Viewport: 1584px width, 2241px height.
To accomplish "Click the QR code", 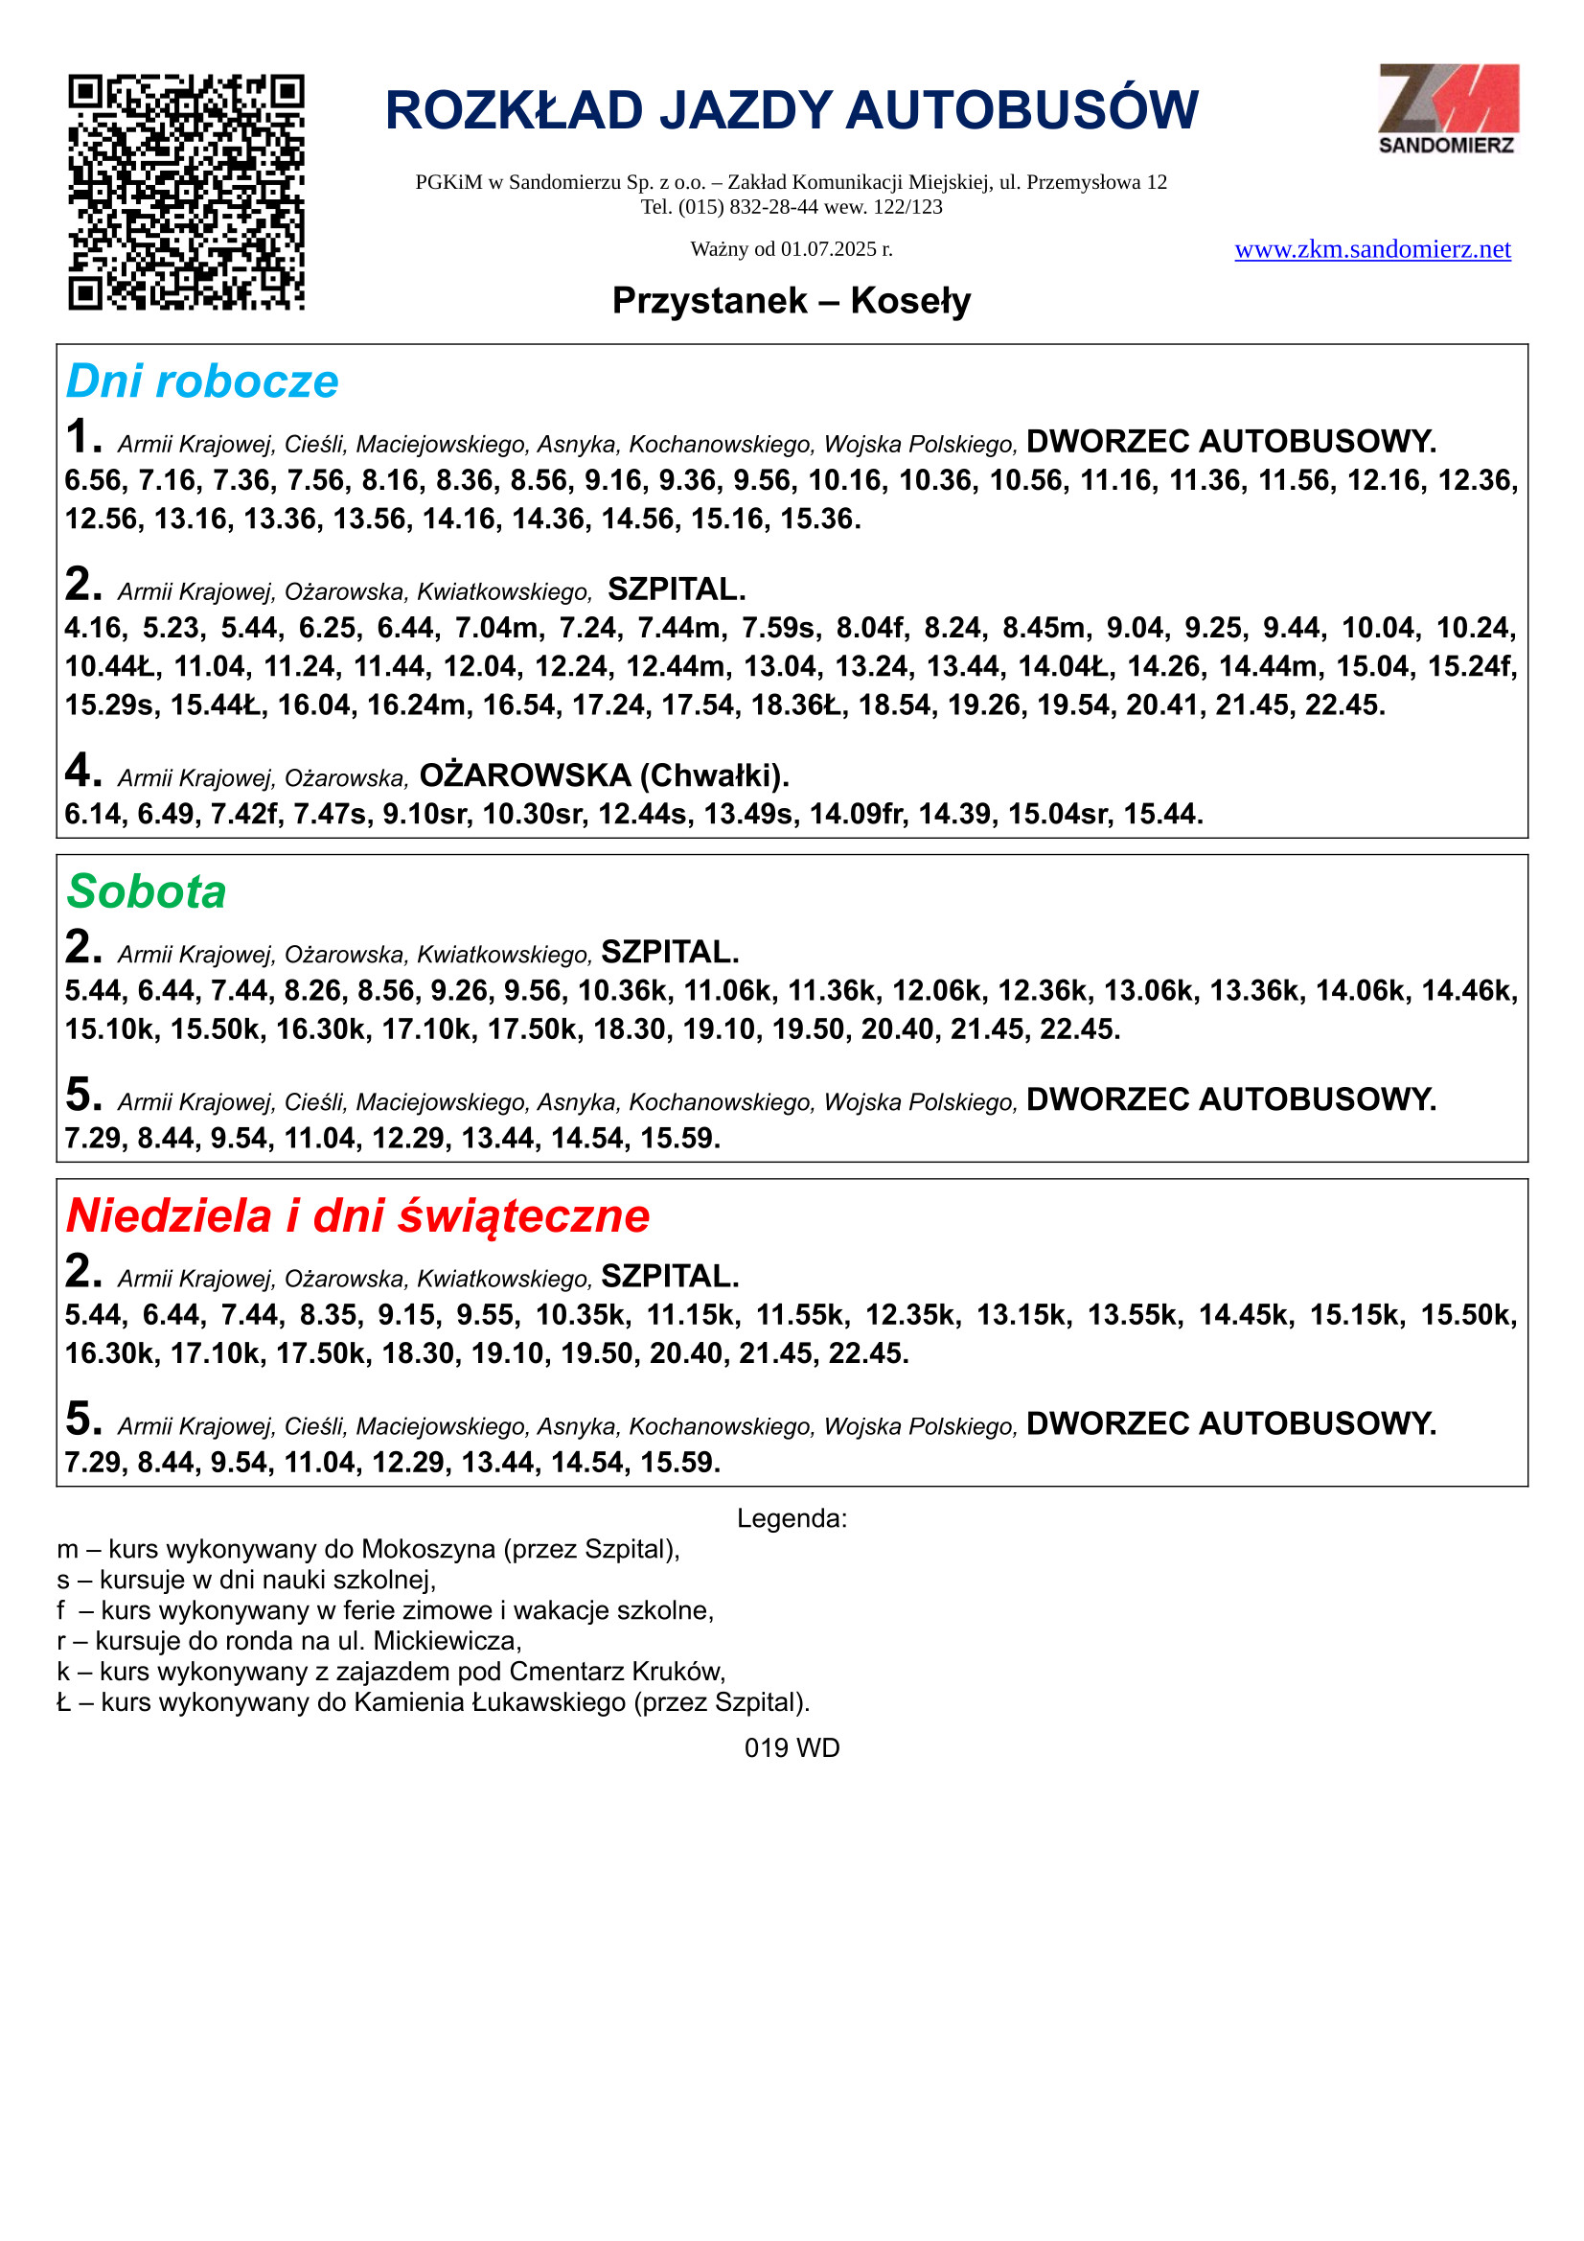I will coord(186,193).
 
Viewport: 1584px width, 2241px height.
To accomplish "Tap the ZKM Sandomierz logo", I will coord(1447,108).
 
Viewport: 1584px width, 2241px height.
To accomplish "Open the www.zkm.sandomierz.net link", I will coord(1372,250).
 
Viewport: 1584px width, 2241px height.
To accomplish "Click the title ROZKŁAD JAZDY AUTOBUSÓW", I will coord(792,110).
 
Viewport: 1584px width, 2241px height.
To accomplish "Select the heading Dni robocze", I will coord(202,381).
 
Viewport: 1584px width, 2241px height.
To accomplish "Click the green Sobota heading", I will coord(147,892).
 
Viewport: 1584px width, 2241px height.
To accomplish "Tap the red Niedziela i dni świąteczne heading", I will coord(357,1216).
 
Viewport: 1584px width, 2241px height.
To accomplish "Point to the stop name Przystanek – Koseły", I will coord(792,301).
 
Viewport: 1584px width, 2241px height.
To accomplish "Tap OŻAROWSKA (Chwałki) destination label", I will coord(604,776).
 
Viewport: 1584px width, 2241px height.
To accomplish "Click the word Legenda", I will coord(792,1518).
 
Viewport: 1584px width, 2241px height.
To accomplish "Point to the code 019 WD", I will coord(792,1748).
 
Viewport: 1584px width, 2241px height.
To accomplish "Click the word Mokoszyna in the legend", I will coord(427,1550).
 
